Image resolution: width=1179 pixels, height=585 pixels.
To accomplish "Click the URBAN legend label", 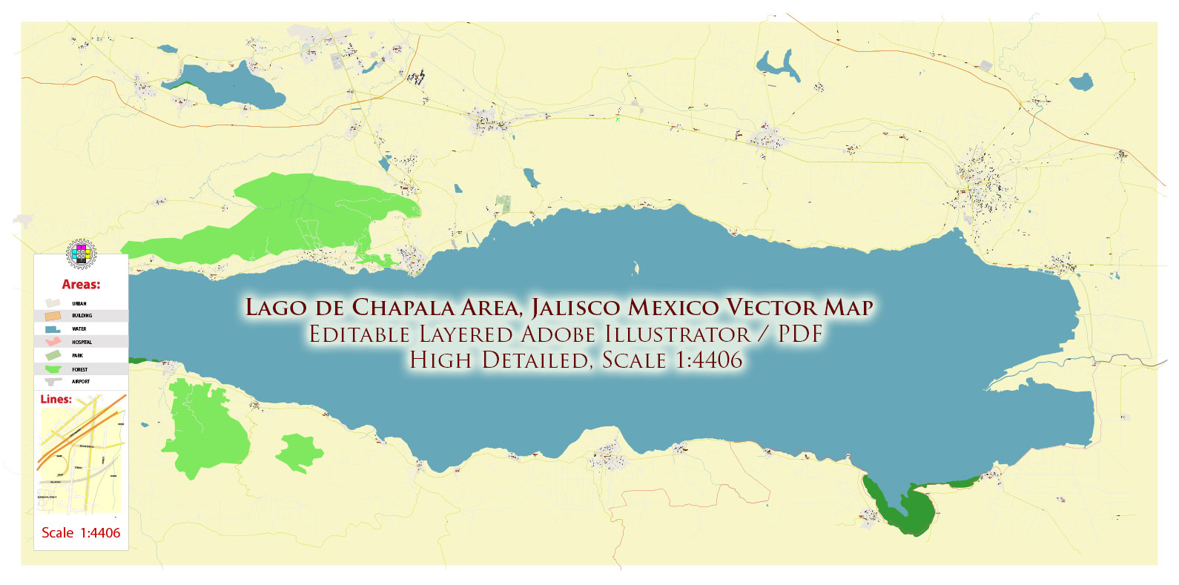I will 79,303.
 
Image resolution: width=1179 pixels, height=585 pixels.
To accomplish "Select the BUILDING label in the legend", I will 82,316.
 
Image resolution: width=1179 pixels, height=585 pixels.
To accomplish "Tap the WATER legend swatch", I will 53,328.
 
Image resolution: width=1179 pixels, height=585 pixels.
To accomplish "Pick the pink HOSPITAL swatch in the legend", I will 53,342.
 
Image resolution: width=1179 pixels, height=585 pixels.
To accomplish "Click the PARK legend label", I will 78,356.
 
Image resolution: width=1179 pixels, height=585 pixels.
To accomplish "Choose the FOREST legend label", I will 79,369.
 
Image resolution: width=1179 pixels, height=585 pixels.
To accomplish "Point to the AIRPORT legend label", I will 81,382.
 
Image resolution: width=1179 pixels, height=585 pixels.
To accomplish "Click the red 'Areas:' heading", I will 81,285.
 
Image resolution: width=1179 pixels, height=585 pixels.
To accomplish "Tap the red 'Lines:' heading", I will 56,399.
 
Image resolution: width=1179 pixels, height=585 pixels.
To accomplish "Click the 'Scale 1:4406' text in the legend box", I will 81,532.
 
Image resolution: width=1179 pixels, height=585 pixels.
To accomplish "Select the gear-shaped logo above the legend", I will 80,254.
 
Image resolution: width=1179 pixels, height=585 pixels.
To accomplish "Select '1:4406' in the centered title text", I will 708,360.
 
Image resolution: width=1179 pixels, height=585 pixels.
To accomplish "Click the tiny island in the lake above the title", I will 635,268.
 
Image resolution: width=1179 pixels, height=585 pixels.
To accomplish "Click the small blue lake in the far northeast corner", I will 1082,81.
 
